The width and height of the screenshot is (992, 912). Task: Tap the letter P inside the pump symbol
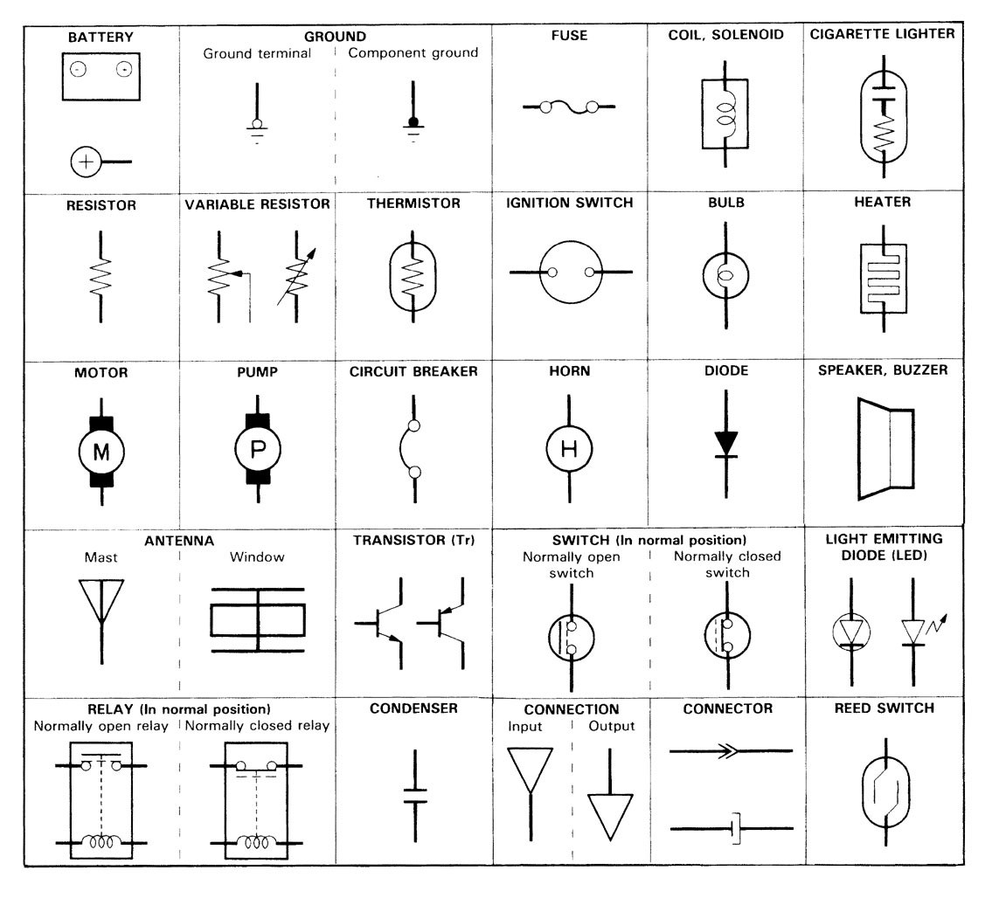259,451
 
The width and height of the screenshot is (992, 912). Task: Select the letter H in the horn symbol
569,450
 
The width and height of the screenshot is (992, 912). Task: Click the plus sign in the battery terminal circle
87,162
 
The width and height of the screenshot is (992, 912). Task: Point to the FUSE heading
569,37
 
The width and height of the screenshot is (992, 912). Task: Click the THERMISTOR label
413,203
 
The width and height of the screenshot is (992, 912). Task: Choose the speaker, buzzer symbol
884,448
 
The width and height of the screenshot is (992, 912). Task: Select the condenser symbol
414,794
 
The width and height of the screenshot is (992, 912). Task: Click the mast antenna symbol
101,603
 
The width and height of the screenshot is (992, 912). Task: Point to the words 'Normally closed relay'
257,726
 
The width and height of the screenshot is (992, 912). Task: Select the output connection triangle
609,814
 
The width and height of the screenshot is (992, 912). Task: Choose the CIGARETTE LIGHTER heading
883,35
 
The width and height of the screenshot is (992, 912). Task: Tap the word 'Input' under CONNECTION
525,727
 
